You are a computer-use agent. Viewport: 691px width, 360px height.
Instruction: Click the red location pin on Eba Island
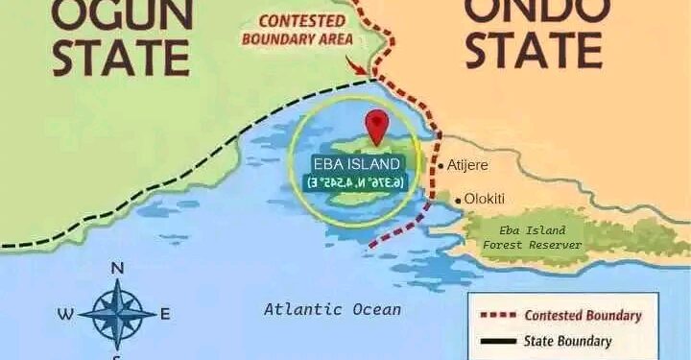[x=377, y=126]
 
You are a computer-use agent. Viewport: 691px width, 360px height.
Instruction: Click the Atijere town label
[x=468, y=166]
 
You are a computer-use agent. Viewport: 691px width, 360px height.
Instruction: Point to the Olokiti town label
[x=485, y=199]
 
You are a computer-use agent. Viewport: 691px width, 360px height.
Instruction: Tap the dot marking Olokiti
[x=459, y=200]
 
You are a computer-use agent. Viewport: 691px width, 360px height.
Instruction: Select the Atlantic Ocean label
[x=332, y=309]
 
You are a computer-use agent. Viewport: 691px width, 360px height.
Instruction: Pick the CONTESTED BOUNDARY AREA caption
[x=298, y=31]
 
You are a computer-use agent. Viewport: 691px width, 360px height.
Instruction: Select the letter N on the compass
[x=117, y=268]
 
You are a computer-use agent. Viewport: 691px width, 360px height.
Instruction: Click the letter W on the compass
[x=65, y=313]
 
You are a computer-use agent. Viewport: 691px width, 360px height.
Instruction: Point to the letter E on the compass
[x=165, y=313]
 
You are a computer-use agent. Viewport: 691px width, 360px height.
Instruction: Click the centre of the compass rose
[x=117, y=313]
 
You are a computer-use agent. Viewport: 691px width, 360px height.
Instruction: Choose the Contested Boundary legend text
[x=583, y=316]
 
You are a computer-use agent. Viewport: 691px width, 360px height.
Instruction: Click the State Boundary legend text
[x=567, y=340]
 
